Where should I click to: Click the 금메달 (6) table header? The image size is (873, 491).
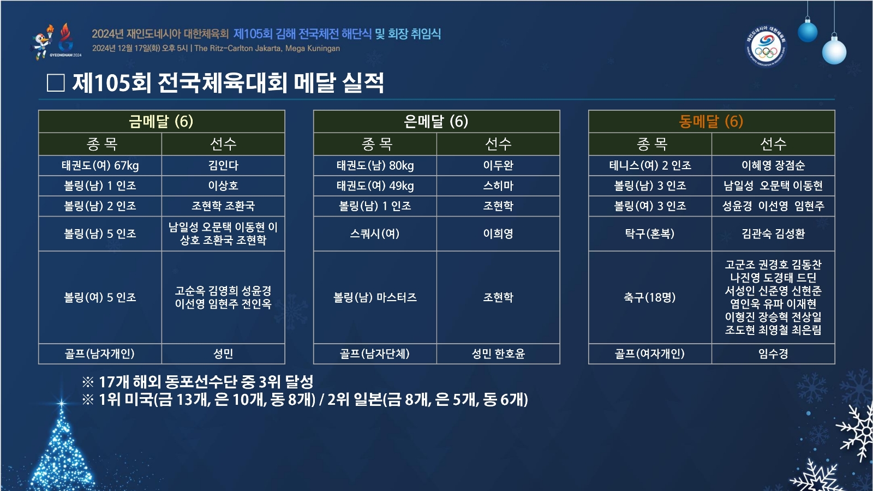(162, 122)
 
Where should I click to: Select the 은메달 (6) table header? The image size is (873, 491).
(436, 122)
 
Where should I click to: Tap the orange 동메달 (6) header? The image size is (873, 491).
(711, 122)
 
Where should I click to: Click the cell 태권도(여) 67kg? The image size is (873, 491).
(100, 166)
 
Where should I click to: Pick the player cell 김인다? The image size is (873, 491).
(223, 166)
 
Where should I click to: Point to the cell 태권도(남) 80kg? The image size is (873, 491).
(375, 166)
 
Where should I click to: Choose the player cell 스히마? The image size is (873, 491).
(498, 186)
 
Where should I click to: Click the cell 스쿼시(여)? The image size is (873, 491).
(375, 233)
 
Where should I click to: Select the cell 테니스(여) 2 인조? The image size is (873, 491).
(650, 166)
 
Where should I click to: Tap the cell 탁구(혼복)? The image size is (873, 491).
(650, 233)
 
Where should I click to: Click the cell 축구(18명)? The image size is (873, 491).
(650, 297)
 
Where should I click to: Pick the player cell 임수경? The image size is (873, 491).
(773, 354)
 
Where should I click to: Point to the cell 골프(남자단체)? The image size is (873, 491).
(375, 354)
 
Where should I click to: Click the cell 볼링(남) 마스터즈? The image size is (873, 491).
(375, 297)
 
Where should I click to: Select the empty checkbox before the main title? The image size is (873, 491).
(56, 83)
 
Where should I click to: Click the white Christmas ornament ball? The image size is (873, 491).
(834, 51)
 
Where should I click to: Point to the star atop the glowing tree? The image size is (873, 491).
(61, 403)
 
